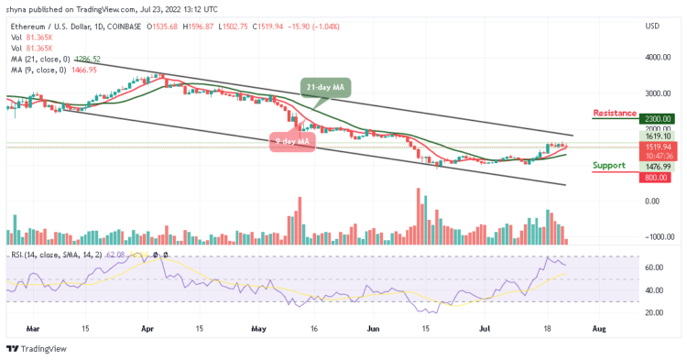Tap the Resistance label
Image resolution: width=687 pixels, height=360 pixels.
point(614,113)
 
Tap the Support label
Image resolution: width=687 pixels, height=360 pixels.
point(609,166)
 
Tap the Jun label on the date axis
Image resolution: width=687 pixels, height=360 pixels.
point(373,327)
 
